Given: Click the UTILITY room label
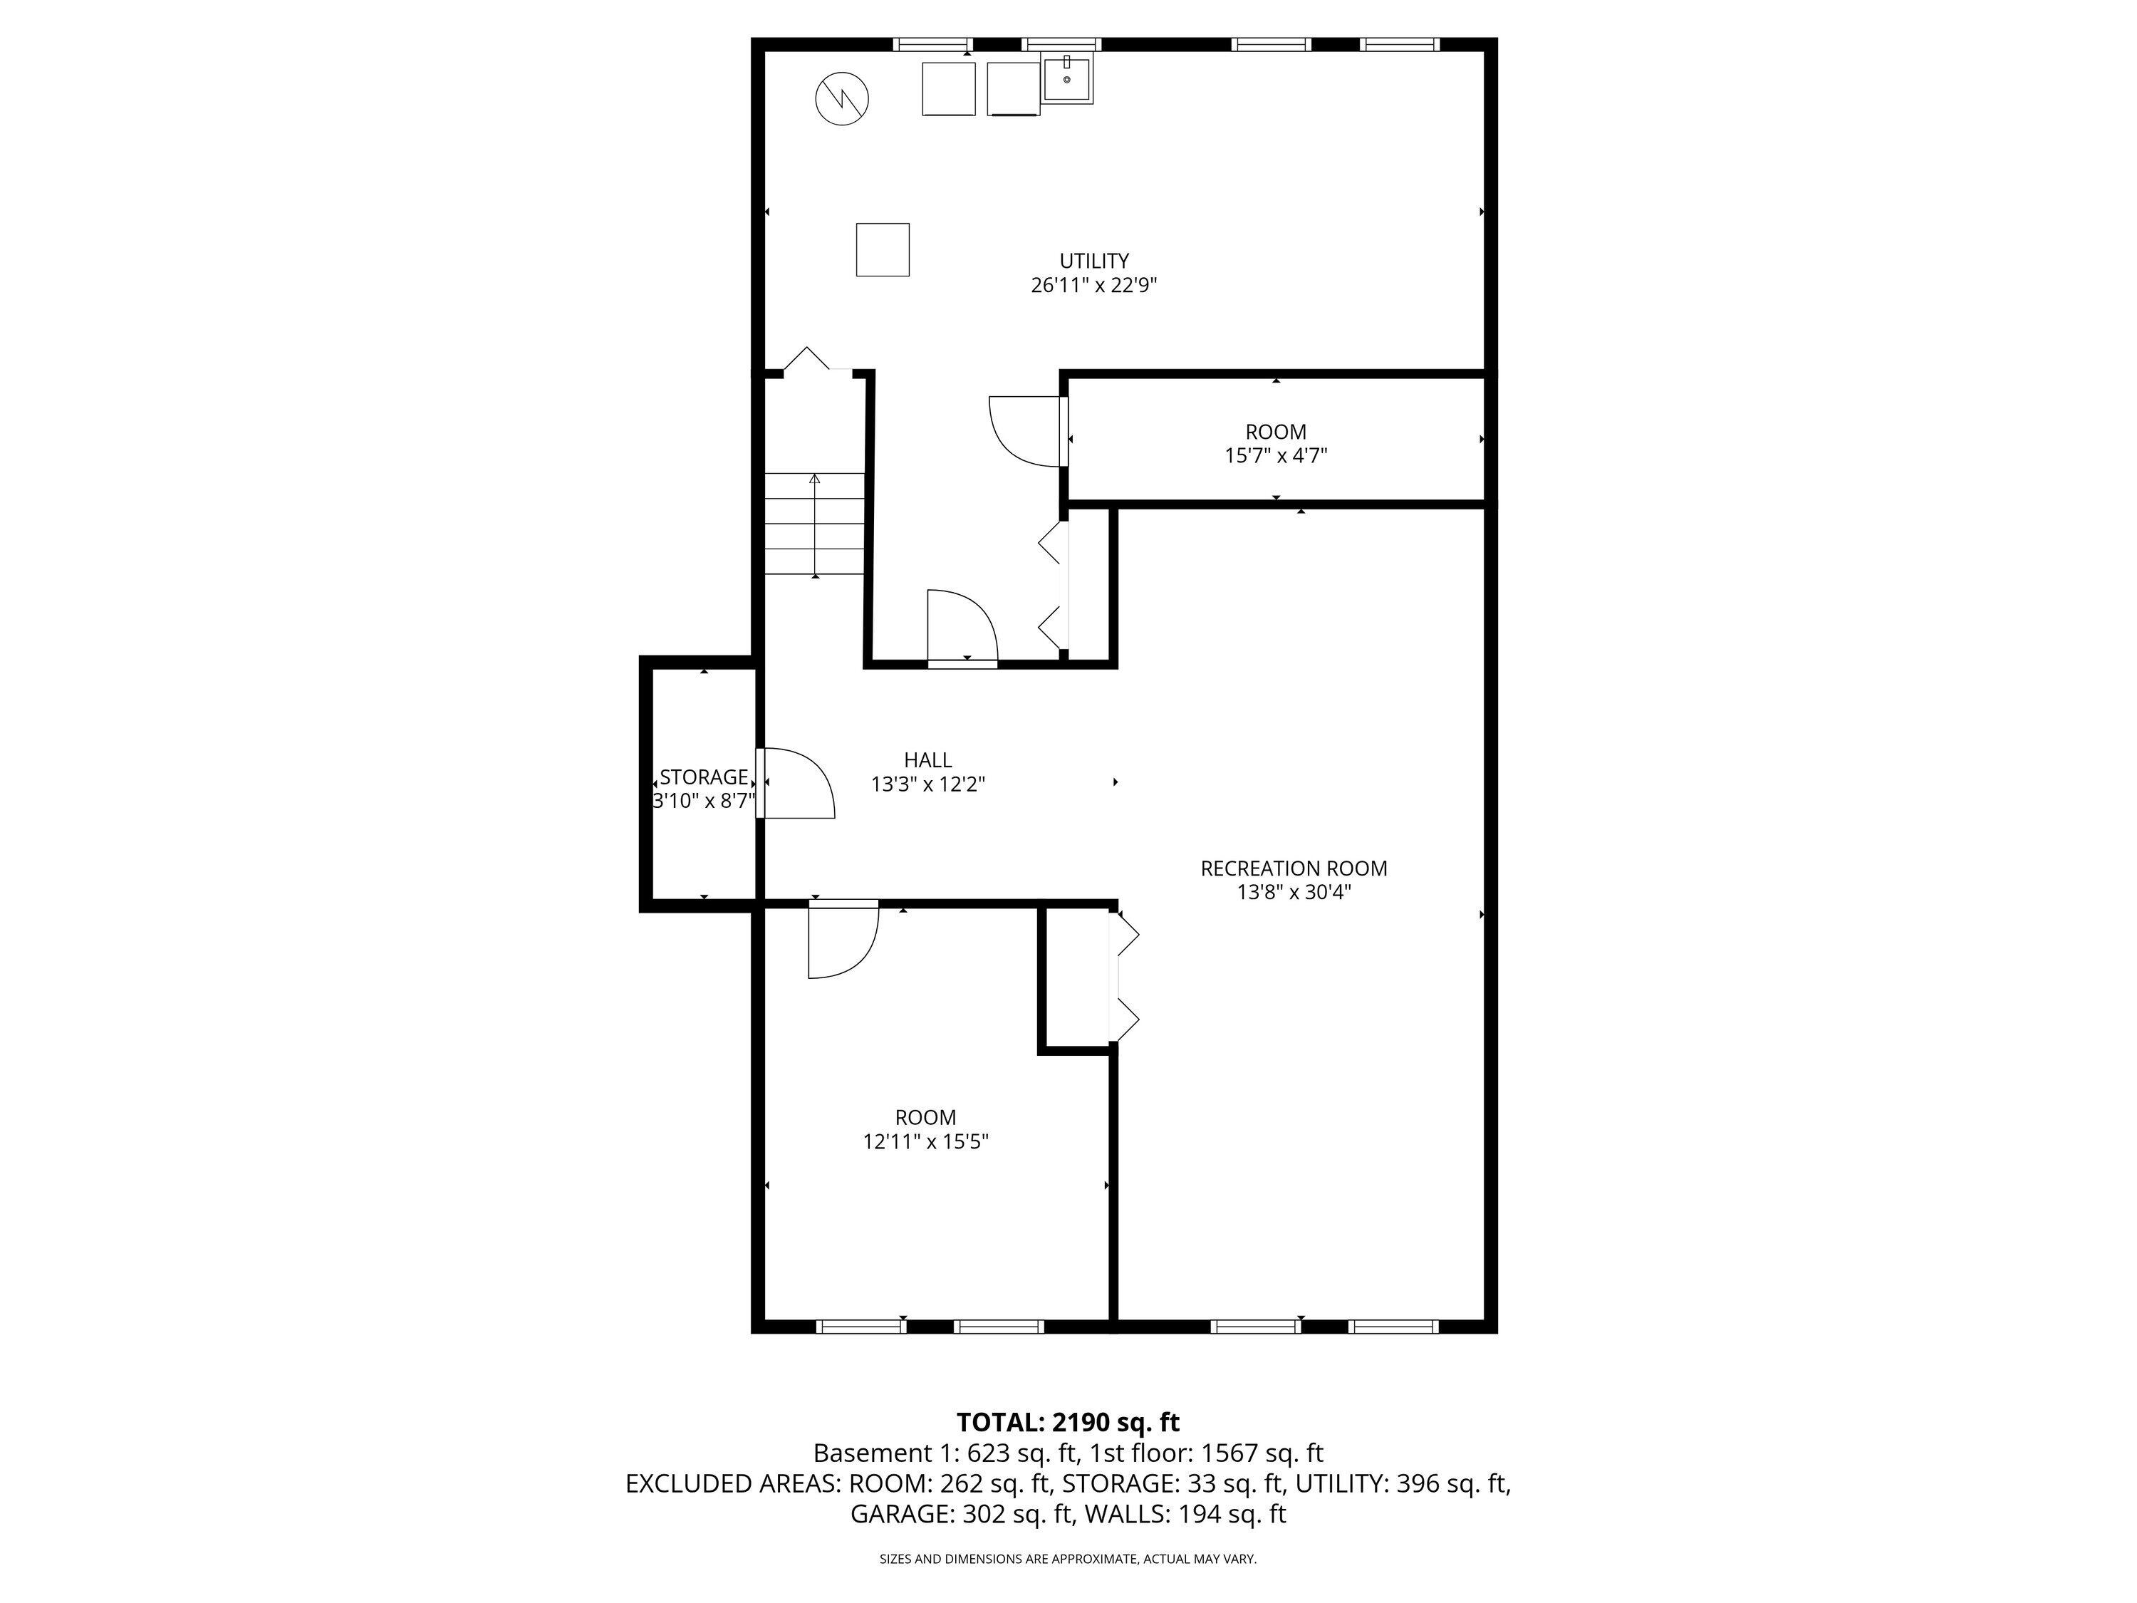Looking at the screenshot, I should click(x=1093, y=261).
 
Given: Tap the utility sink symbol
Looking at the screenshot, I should click(x=1066, y=78).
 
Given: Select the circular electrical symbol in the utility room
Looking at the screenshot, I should click(x=841, y=98).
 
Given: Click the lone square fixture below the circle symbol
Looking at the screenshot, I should click(x=882, y=249).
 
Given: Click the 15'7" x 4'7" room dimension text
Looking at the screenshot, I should click(x=1275, y=456).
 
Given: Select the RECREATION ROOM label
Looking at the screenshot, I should click(x=1293, y=868).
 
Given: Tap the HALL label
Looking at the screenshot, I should click(x=927, y=760).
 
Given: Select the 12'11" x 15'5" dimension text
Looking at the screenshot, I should click(x=925, y=1142).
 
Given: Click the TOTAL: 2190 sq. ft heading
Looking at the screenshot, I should click(x=1068, y=1422).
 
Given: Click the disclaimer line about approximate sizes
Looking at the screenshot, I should click(x=1068, y=1560).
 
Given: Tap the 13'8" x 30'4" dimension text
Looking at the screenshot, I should click(x=1293, y=893).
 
